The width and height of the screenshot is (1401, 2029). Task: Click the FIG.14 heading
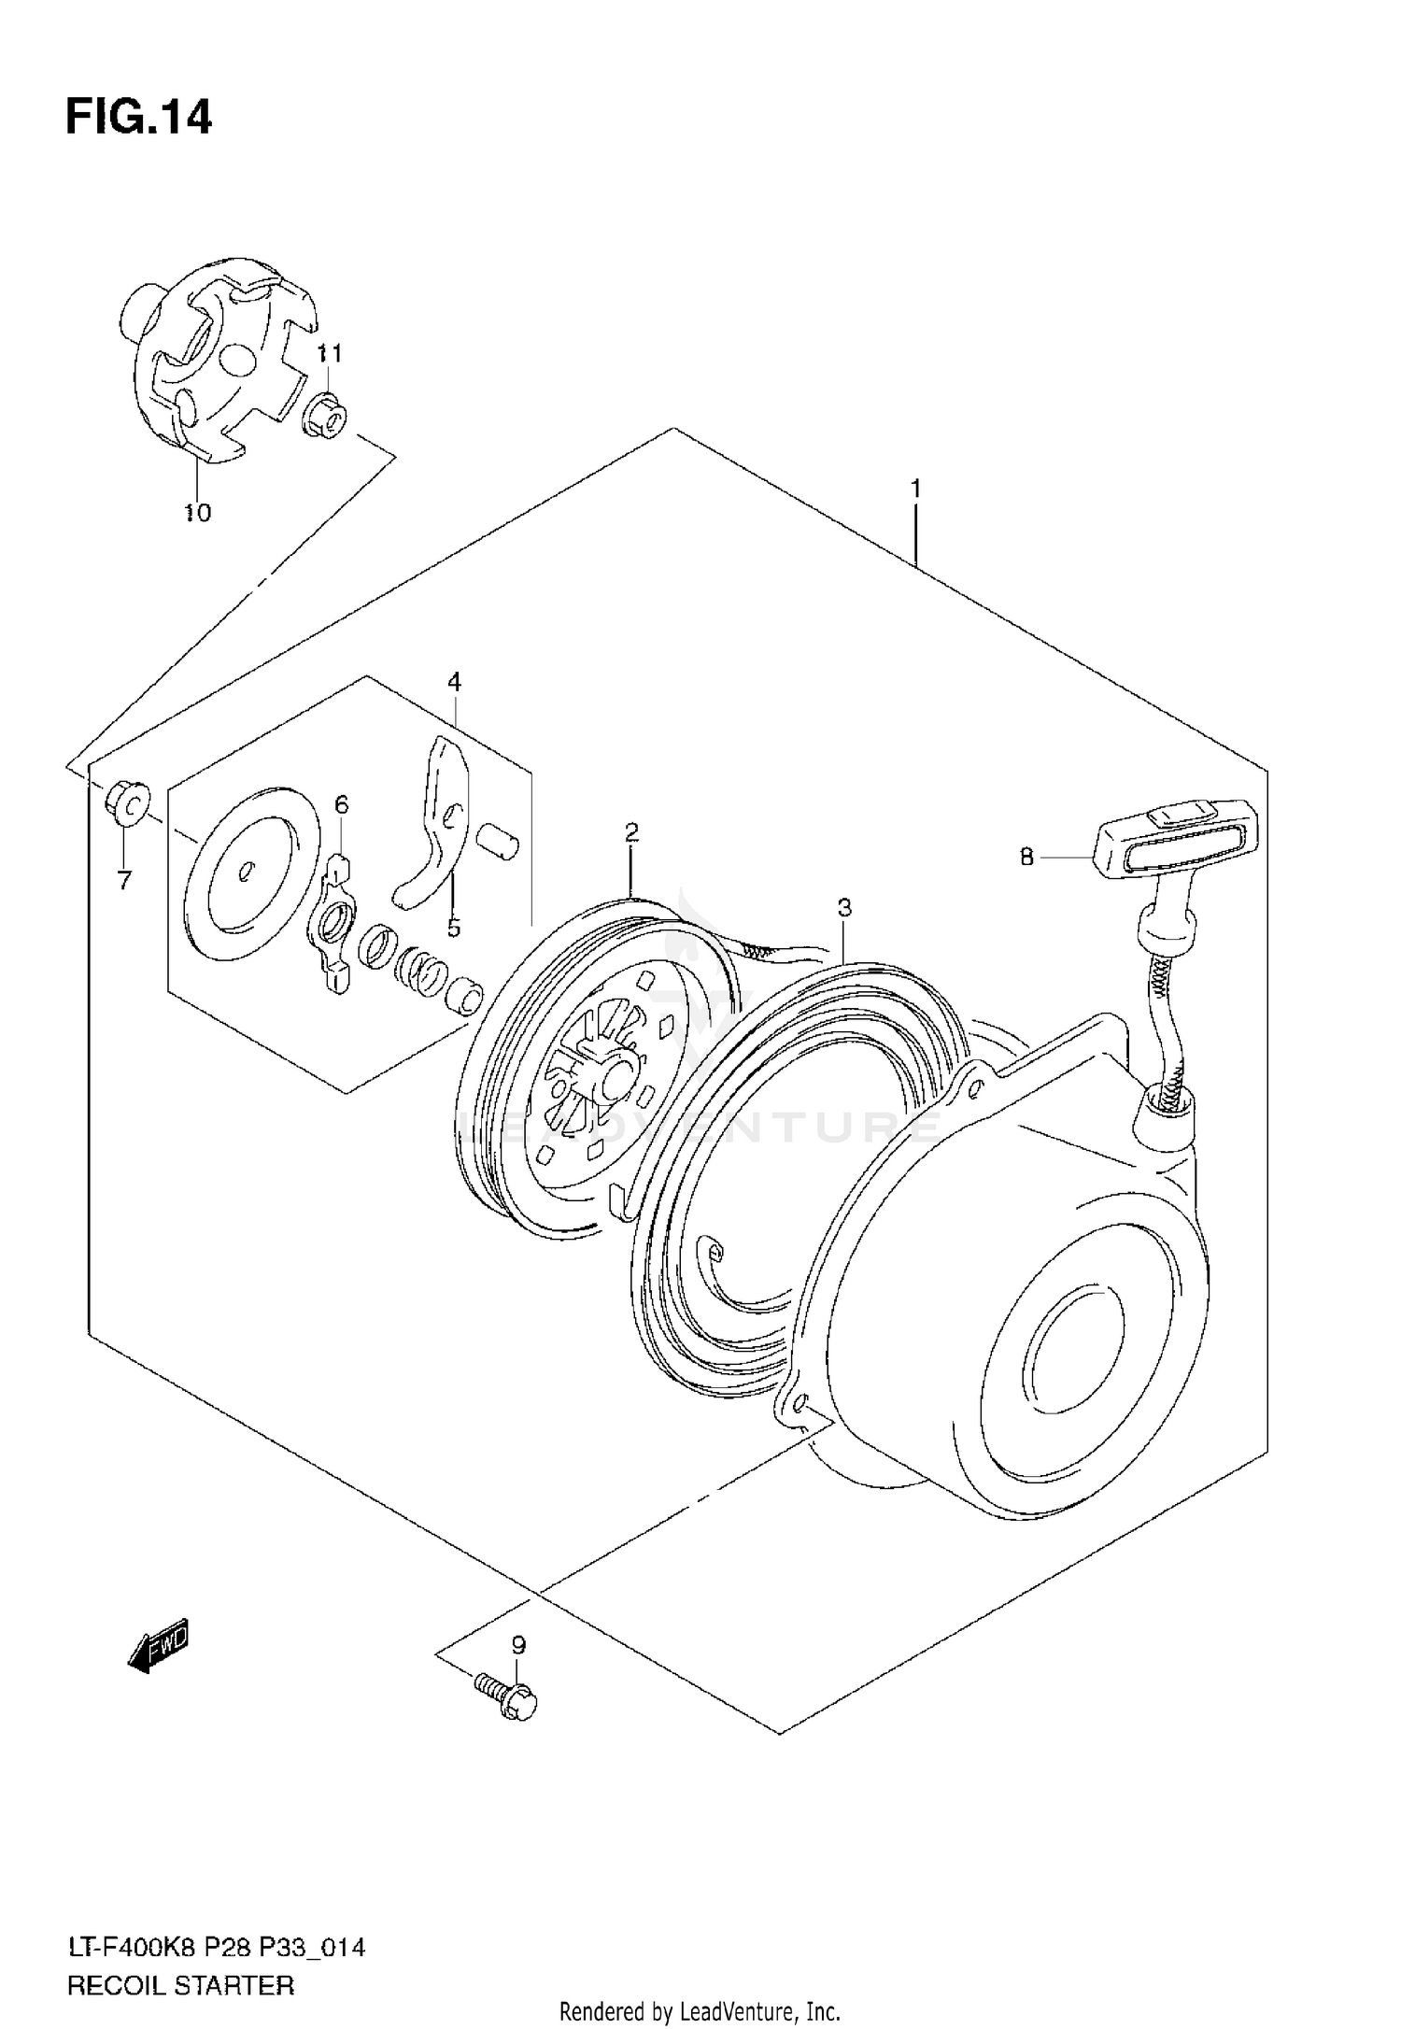[x=138, y=119]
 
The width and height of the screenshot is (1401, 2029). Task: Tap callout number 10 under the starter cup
[x=198, y=512]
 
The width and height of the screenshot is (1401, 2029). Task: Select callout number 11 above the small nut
[x=328, y=353]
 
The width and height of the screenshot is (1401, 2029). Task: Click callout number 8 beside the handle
[x=1026, y=856]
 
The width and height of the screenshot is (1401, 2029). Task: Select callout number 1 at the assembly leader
[x=916, y=489]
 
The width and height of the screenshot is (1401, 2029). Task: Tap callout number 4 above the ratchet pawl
[x=454, y=682]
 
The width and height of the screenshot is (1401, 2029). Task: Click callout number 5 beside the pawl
[x=453, y=928]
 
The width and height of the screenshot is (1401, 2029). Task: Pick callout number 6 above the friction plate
[x=342, y=803]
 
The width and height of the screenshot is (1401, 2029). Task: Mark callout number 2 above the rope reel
[x=631, y=831]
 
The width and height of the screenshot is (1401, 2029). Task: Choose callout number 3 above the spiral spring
[x=843, y=906]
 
